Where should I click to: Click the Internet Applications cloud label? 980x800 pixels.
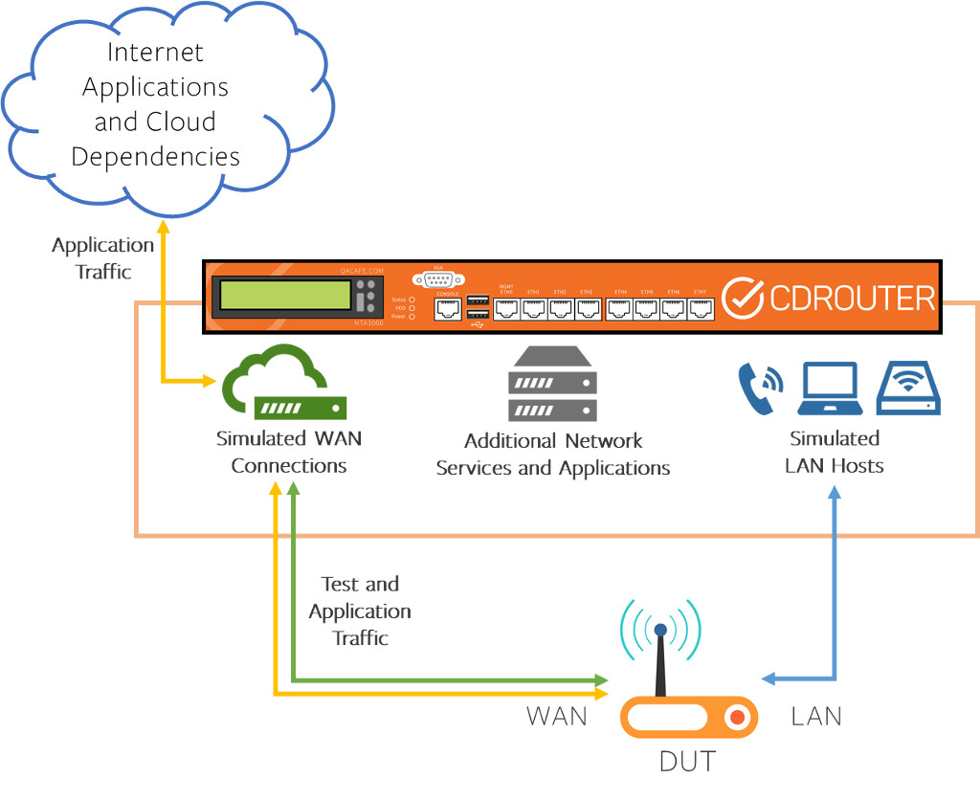pyautogui.click(x=155, y=103)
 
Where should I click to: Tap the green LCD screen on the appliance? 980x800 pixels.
pyautogui.click(x=285, y=295)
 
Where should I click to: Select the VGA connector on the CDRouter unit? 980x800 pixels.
pyautogui.click(x=438, y=279)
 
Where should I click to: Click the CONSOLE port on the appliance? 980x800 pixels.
pyautogui.click(x=447, y=308)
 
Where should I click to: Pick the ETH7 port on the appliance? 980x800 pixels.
pyautogui.click(x=701, y=308)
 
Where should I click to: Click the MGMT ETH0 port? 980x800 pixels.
pyautogui.click(x=507, y=308)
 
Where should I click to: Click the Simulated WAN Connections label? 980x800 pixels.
pyautogui.click(x=289, y=453)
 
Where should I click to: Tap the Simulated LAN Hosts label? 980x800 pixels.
pyautogui.click(x=834, y=453)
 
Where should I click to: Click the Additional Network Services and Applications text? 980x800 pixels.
pyautogui.click(x=553, y=455)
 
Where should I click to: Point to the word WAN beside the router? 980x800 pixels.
pyautogui.click(x=557, y=716)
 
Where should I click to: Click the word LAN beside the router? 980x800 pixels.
pyautogui.click(x=816, y=716)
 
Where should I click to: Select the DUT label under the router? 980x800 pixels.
pyautogui.click(x=687, y=762)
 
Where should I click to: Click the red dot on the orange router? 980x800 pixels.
pyautogui.click(x=735, y=717)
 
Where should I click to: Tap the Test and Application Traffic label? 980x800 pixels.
pyautogui.click(x=360, y=611)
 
